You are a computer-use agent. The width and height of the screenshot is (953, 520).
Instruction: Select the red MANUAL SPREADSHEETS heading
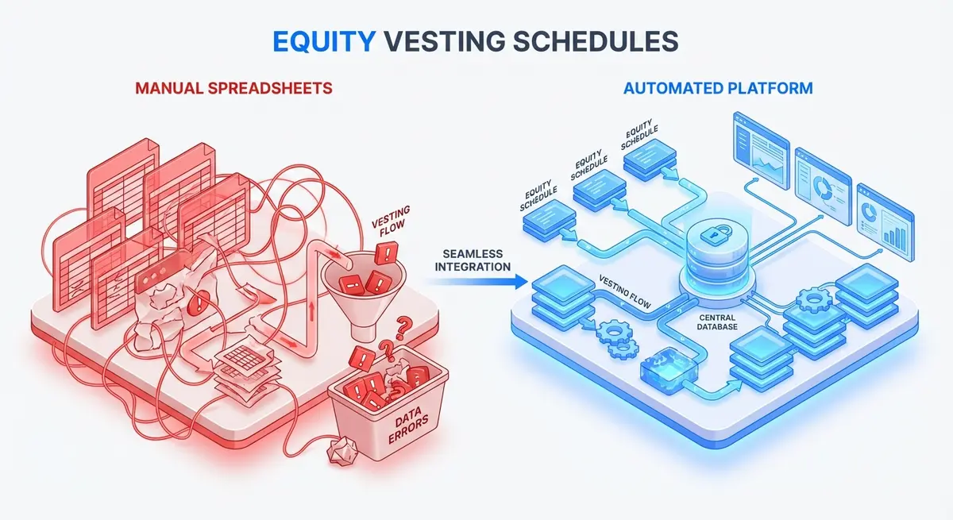(233, 87)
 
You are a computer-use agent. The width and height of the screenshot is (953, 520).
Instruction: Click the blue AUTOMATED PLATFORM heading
(718, 87)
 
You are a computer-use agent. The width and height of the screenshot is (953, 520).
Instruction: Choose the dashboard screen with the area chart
(759, 156)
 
